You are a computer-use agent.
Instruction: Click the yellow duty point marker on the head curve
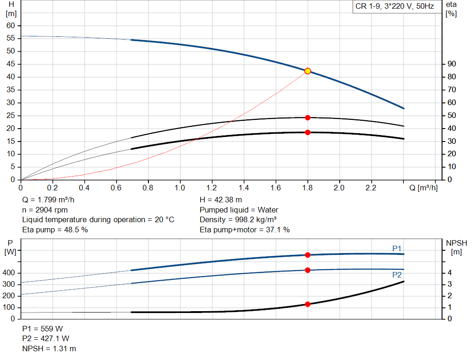307,71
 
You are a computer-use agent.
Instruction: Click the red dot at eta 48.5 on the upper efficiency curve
307,118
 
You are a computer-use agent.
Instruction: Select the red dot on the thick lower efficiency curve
307,132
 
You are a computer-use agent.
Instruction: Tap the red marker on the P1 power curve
307,255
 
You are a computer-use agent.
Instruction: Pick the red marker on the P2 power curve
307,270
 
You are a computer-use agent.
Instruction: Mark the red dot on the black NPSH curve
307,304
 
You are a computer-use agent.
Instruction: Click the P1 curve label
397,248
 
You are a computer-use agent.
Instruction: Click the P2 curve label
397,275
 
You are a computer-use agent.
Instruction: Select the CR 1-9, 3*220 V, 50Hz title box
395,7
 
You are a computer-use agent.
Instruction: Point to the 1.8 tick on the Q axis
307,188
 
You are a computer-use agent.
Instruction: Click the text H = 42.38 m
221,200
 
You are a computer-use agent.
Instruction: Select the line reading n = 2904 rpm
45,210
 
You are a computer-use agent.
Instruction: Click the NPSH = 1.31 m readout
49,349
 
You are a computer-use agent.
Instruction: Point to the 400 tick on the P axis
9,273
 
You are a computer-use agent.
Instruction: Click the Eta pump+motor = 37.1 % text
245,230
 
